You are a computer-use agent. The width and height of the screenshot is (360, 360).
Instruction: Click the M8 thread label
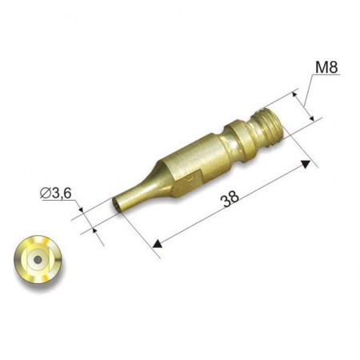coord(326,67)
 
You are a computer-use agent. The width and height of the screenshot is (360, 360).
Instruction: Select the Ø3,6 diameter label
coord(56,193)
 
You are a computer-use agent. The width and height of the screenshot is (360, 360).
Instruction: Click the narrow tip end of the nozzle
coord(117,205)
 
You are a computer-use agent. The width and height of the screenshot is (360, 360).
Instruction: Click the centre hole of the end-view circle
coord(38,259)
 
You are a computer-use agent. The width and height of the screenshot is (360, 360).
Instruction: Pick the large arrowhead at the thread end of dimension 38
coord(306,164)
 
